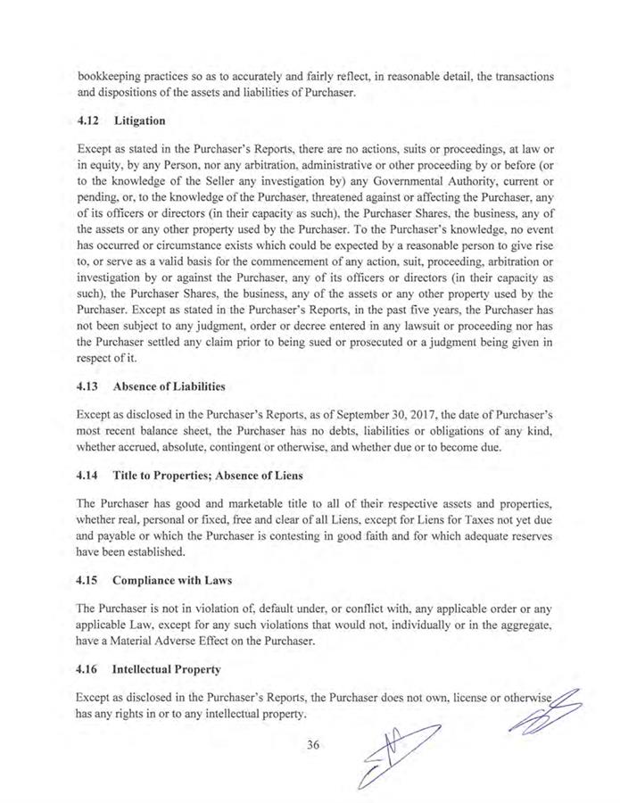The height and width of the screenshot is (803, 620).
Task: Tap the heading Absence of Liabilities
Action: [x=168, y=387]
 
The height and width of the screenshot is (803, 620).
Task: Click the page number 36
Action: [x=311, y=747]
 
